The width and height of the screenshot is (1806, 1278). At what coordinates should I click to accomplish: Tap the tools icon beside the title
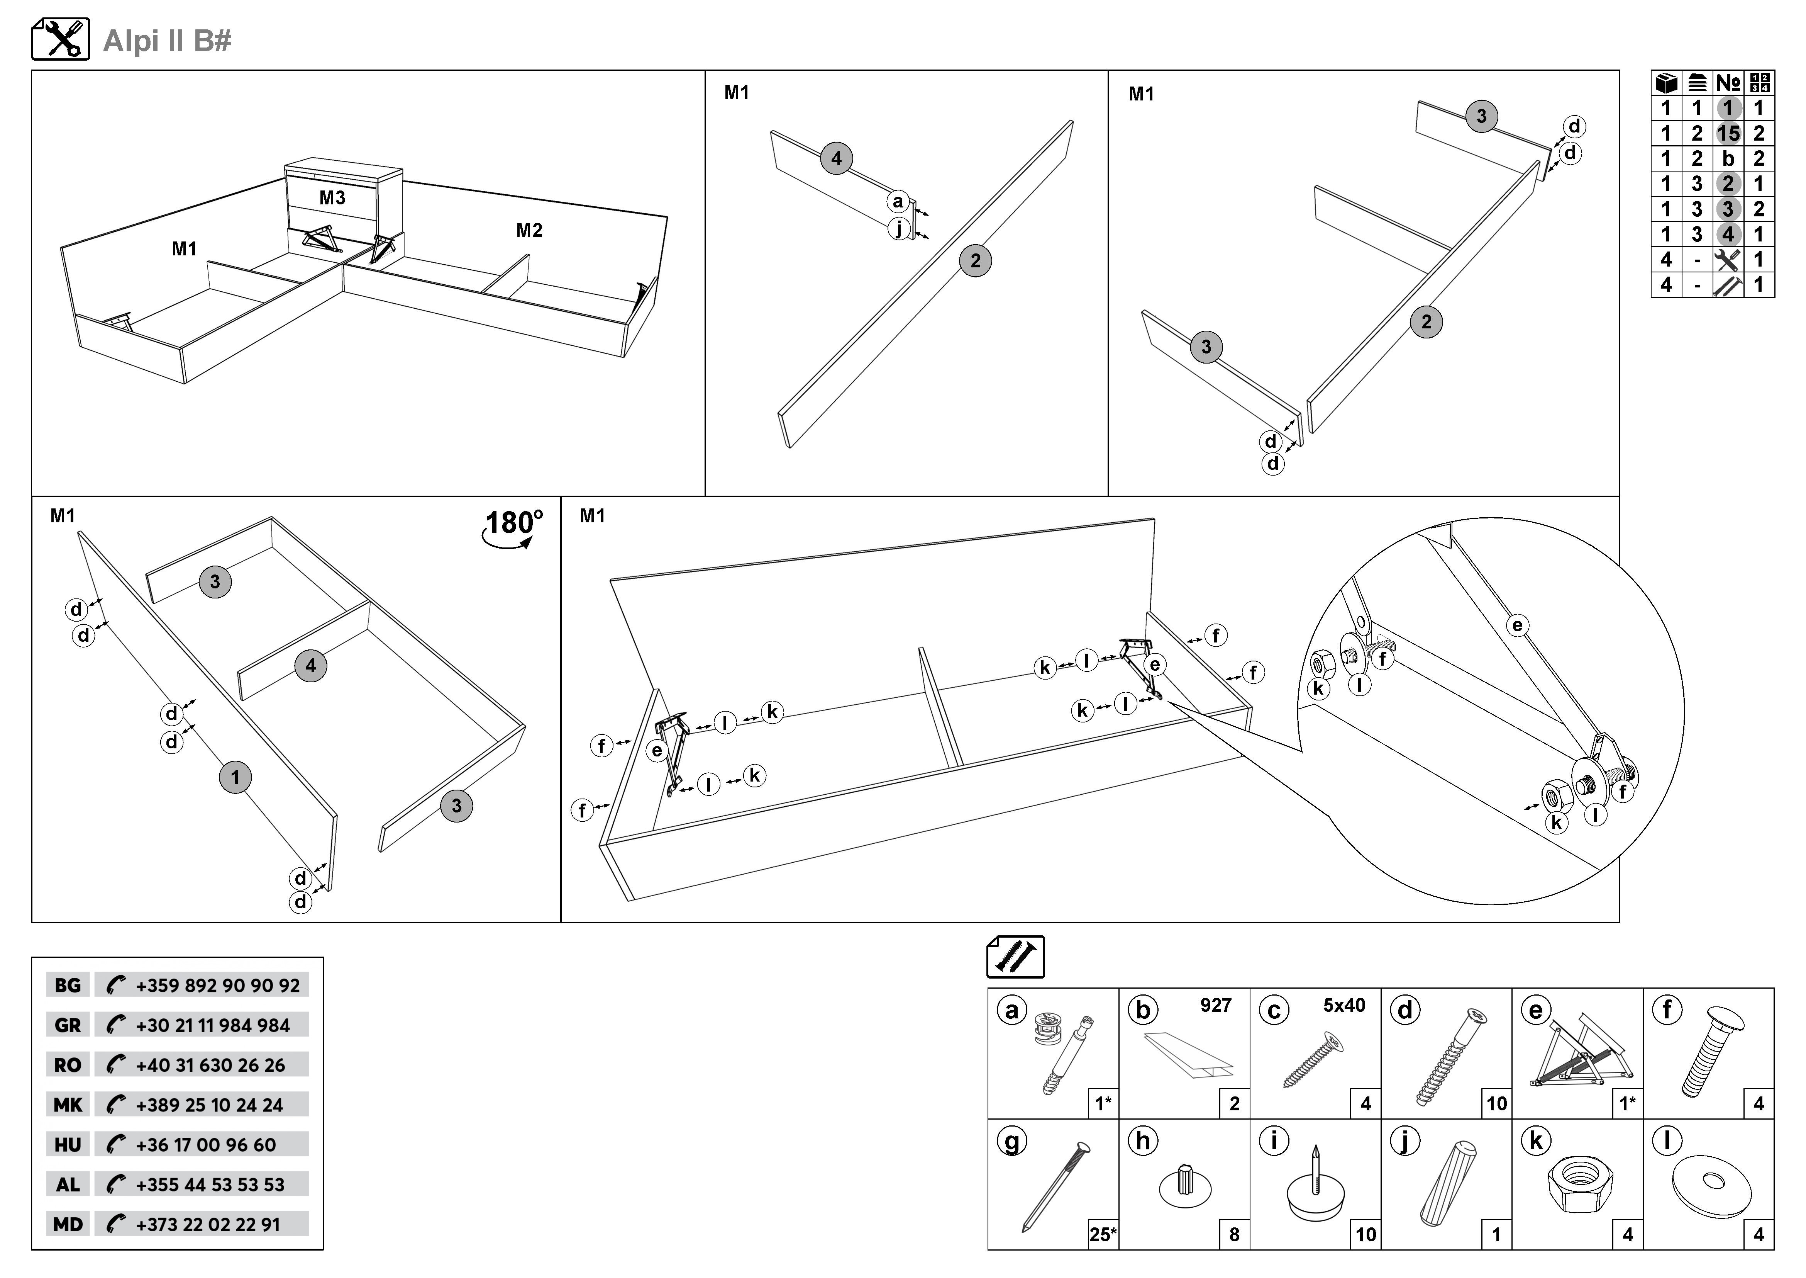tap(61, 39)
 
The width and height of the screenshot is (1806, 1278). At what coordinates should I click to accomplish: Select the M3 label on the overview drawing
tap(332, 197)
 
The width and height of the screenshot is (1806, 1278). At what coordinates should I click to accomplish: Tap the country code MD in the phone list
tap(68, 1224)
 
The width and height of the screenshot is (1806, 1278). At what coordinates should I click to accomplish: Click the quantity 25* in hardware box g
tap(1103, 1234)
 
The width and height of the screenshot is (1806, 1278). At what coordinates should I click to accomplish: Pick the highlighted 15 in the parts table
tap(1728, 133)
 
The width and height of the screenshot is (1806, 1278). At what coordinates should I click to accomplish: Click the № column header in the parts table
tap(1728, 83)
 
